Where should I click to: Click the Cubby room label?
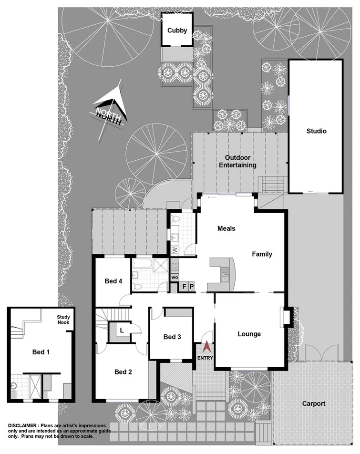(177, 31)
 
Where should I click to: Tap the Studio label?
(316, 131)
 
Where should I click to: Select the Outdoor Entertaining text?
(241, 161)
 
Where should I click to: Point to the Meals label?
(226, 228)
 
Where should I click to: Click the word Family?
(262, 254)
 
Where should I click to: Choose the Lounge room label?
(249, 334)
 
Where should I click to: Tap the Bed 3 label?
(172, 337)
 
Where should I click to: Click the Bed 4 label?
(113, 281)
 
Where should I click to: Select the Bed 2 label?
(123, 372)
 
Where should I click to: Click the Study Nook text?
(63, 319)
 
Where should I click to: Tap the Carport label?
(314, 403)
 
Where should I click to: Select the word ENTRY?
(206, 358)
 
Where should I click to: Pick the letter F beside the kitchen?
(185, 287)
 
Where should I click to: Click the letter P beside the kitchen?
(192, 287)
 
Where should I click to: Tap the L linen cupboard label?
(122, 330)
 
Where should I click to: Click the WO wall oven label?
(175, 277)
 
